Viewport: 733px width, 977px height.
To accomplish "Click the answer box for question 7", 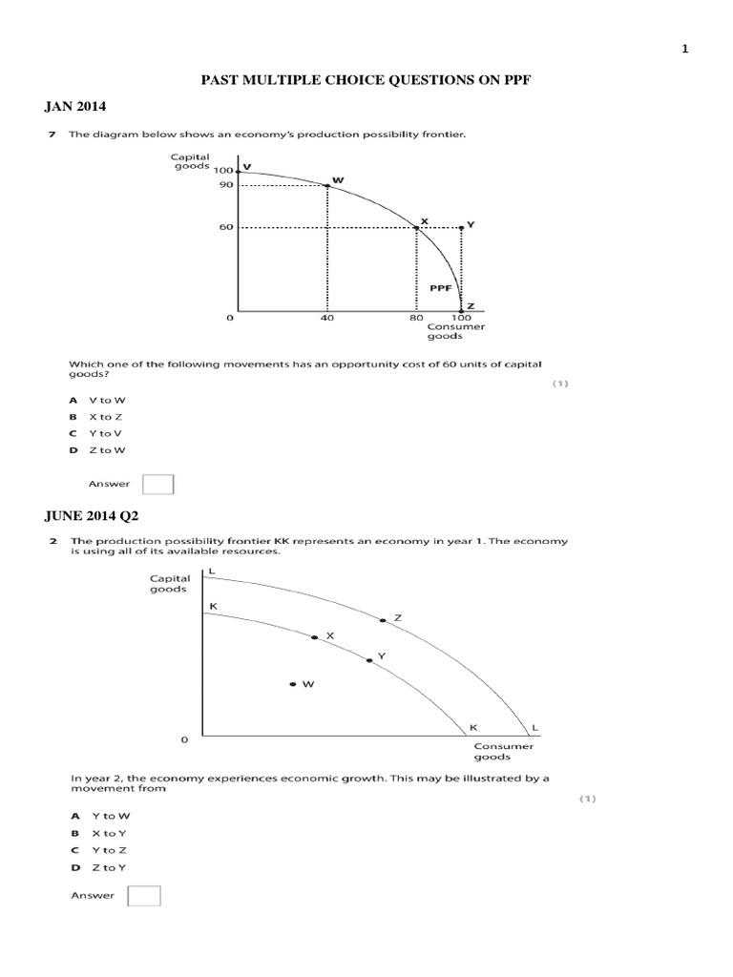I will [x=157, y=484].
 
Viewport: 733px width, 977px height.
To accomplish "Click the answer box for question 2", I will [x=144, y=896].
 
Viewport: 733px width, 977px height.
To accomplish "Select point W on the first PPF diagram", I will [x=328, y=185].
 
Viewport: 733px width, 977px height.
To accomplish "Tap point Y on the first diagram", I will [x=461, y=227].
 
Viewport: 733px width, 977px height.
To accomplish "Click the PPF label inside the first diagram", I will [x=439, y=285].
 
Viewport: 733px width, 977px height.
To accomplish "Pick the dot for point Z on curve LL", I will [x=383, y=620].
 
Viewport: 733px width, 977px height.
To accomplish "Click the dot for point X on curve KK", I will [x=315, y=636].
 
